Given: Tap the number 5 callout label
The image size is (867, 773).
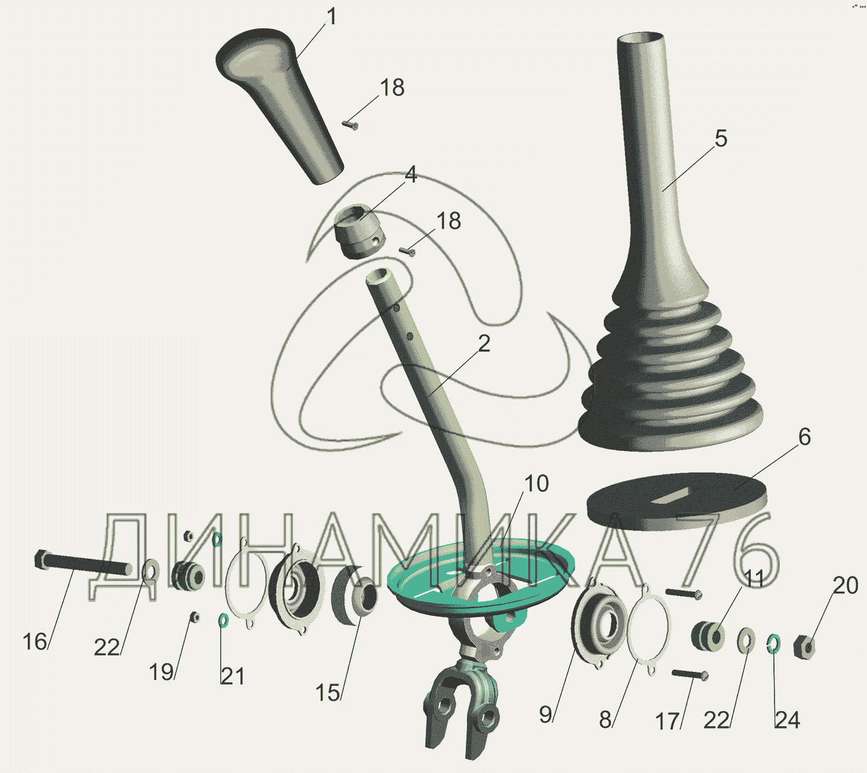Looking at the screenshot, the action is tap(721, 139).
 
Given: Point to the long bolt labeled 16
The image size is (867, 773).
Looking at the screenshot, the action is tap(83, 563).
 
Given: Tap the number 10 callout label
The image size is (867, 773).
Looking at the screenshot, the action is tap(536, 484).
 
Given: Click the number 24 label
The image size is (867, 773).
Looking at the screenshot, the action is tap(787, 720).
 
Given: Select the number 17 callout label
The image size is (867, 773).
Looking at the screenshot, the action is tap(667, 721).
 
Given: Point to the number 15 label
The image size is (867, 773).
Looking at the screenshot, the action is tap(327, 693).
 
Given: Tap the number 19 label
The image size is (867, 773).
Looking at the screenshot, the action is tap(161, 672).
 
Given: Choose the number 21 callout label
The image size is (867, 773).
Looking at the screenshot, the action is tap(232, 677).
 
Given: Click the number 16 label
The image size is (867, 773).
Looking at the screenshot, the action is tap(35, 642).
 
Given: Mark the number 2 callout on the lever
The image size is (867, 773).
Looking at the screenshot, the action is tap(484, 344).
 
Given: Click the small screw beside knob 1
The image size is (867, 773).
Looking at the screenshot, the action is tap(350, 125).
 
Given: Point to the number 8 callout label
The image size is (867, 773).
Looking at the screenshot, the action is tap(605, 720).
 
